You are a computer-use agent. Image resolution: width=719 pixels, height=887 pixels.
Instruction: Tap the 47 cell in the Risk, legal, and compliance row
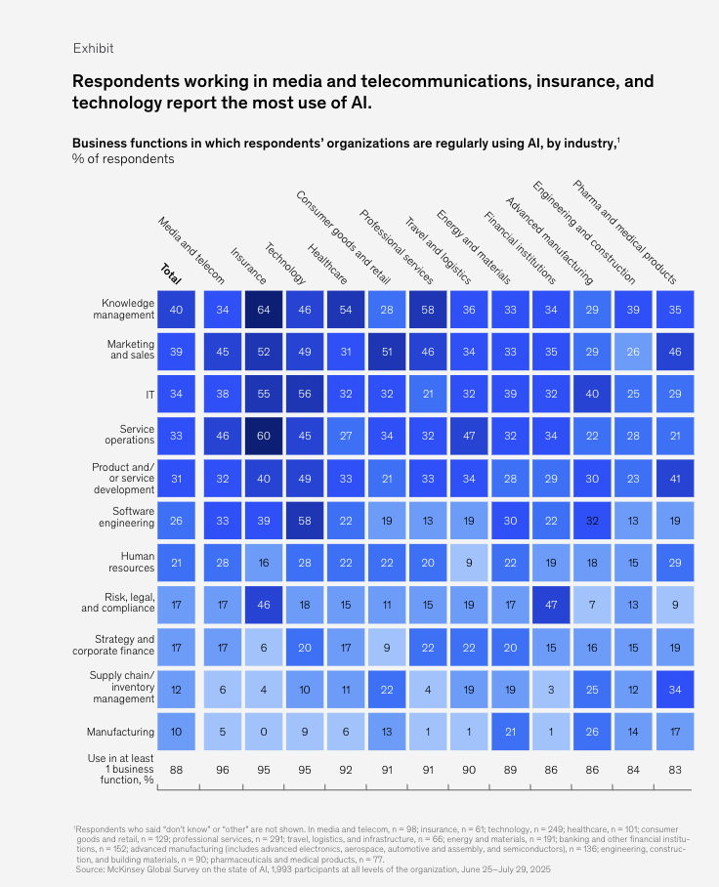(551, 605)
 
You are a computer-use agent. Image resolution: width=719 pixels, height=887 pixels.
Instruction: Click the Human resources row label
(131, 562)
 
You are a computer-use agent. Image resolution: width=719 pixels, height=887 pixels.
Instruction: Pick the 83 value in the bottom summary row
(675, 769)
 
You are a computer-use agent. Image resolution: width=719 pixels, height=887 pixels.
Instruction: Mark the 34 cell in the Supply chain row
(675, 690)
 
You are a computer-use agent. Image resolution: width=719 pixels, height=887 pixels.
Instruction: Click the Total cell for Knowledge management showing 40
(176, 309)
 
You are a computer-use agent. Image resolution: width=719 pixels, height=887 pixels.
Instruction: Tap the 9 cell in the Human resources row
(469, 562)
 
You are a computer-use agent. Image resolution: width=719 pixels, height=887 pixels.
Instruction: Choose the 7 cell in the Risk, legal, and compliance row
(593, 605)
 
